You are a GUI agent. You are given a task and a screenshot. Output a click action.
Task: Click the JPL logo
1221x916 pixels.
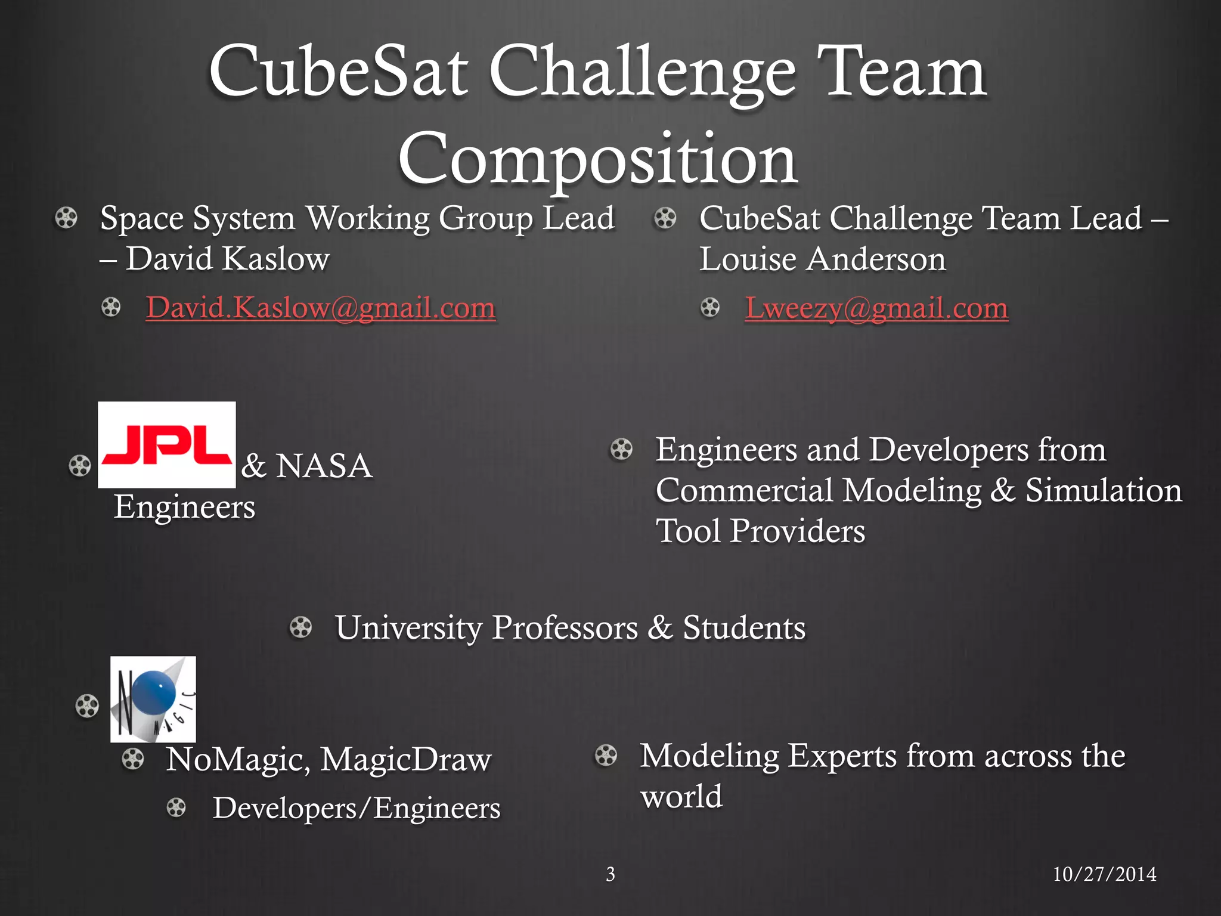coord(167,445)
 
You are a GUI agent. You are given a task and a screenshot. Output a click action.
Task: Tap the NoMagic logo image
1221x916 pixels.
coord(153,699)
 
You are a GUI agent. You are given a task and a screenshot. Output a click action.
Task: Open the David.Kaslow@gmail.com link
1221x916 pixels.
coord(321,308)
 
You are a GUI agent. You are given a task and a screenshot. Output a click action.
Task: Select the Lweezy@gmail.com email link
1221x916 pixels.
coord(876,308)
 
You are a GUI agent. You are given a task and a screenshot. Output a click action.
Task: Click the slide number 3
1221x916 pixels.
coord(610,874)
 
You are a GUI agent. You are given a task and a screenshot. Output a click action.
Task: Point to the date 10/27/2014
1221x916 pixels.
coord(1104,874)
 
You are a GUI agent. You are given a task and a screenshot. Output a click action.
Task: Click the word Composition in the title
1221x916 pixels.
coord(598,159)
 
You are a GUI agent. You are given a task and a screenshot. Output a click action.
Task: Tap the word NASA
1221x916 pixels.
coord(324,466)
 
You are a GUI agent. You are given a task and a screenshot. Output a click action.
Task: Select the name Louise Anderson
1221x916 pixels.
coord(823,259)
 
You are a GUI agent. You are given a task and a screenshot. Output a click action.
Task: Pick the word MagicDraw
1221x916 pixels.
coord(406,760)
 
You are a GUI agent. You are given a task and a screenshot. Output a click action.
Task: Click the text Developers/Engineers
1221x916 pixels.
coord(357,808)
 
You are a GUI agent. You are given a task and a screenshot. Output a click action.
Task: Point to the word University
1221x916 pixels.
coord(409,628)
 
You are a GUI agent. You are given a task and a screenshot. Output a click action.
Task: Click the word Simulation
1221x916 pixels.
coord(1104,490)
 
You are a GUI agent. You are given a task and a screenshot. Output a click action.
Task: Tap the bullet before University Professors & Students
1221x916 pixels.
coord(301,627)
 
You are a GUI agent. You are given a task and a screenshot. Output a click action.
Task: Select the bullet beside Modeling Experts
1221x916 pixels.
coord(606,756)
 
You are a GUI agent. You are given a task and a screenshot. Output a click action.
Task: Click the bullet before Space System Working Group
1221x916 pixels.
coord(66,218)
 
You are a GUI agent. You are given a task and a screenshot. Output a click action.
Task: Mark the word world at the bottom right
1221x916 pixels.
coord(681,797)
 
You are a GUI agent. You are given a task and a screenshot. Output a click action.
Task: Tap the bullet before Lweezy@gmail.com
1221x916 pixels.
coord(710,308)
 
